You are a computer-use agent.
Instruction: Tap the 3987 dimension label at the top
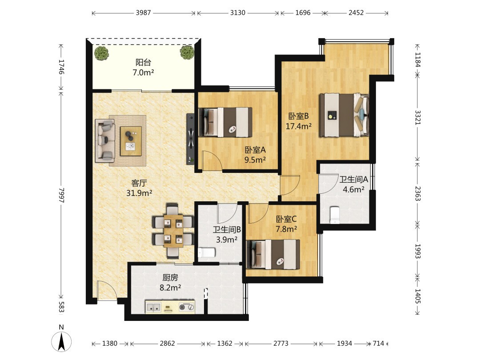(x=143, y=13)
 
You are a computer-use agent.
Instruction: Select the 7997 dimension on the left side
(x=61, y=195)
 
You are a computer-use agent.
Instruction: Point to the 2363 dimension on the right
(x=417, y=193)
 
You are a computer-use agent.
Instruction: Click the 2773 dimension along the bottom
(x=281, y=344)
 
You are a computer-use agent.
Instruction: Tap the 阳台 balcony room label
(x=143, y=63)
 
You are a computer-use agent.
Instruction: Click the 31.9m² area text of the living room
(x=139, y=193)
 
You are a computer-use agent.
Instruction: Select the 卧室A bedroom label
(x=255, y=150)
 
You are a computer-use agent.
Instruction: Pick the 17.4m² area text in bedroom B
(x=299, y=126)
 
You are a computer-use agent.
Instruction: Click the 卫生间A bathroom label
(x=354, y=180)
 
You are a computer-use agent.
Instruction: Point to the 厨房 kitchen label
(x=170, y=278)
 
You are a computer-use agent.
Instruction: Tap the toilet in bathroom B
(x=206, y=252)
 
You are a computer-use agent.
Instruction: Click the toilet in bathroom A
(x=335, y=216)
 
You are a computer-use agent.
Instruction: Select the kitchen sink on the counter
(x=153, y=306)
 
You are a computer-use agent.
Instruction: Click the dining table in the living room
(x=173, y=231)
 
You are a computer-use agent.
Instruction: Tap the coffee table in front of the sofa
(x=131, y=141)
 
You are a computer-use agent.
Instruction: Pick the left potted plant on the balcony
(x=101, y=53)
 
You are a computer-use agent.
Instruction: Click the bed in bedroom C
(x=273, y=254)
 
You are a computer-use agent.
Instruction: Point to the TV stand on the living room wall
(x=190, y=139)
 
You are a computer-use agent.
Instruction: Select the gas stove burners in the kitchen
(x=187, y=307)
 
